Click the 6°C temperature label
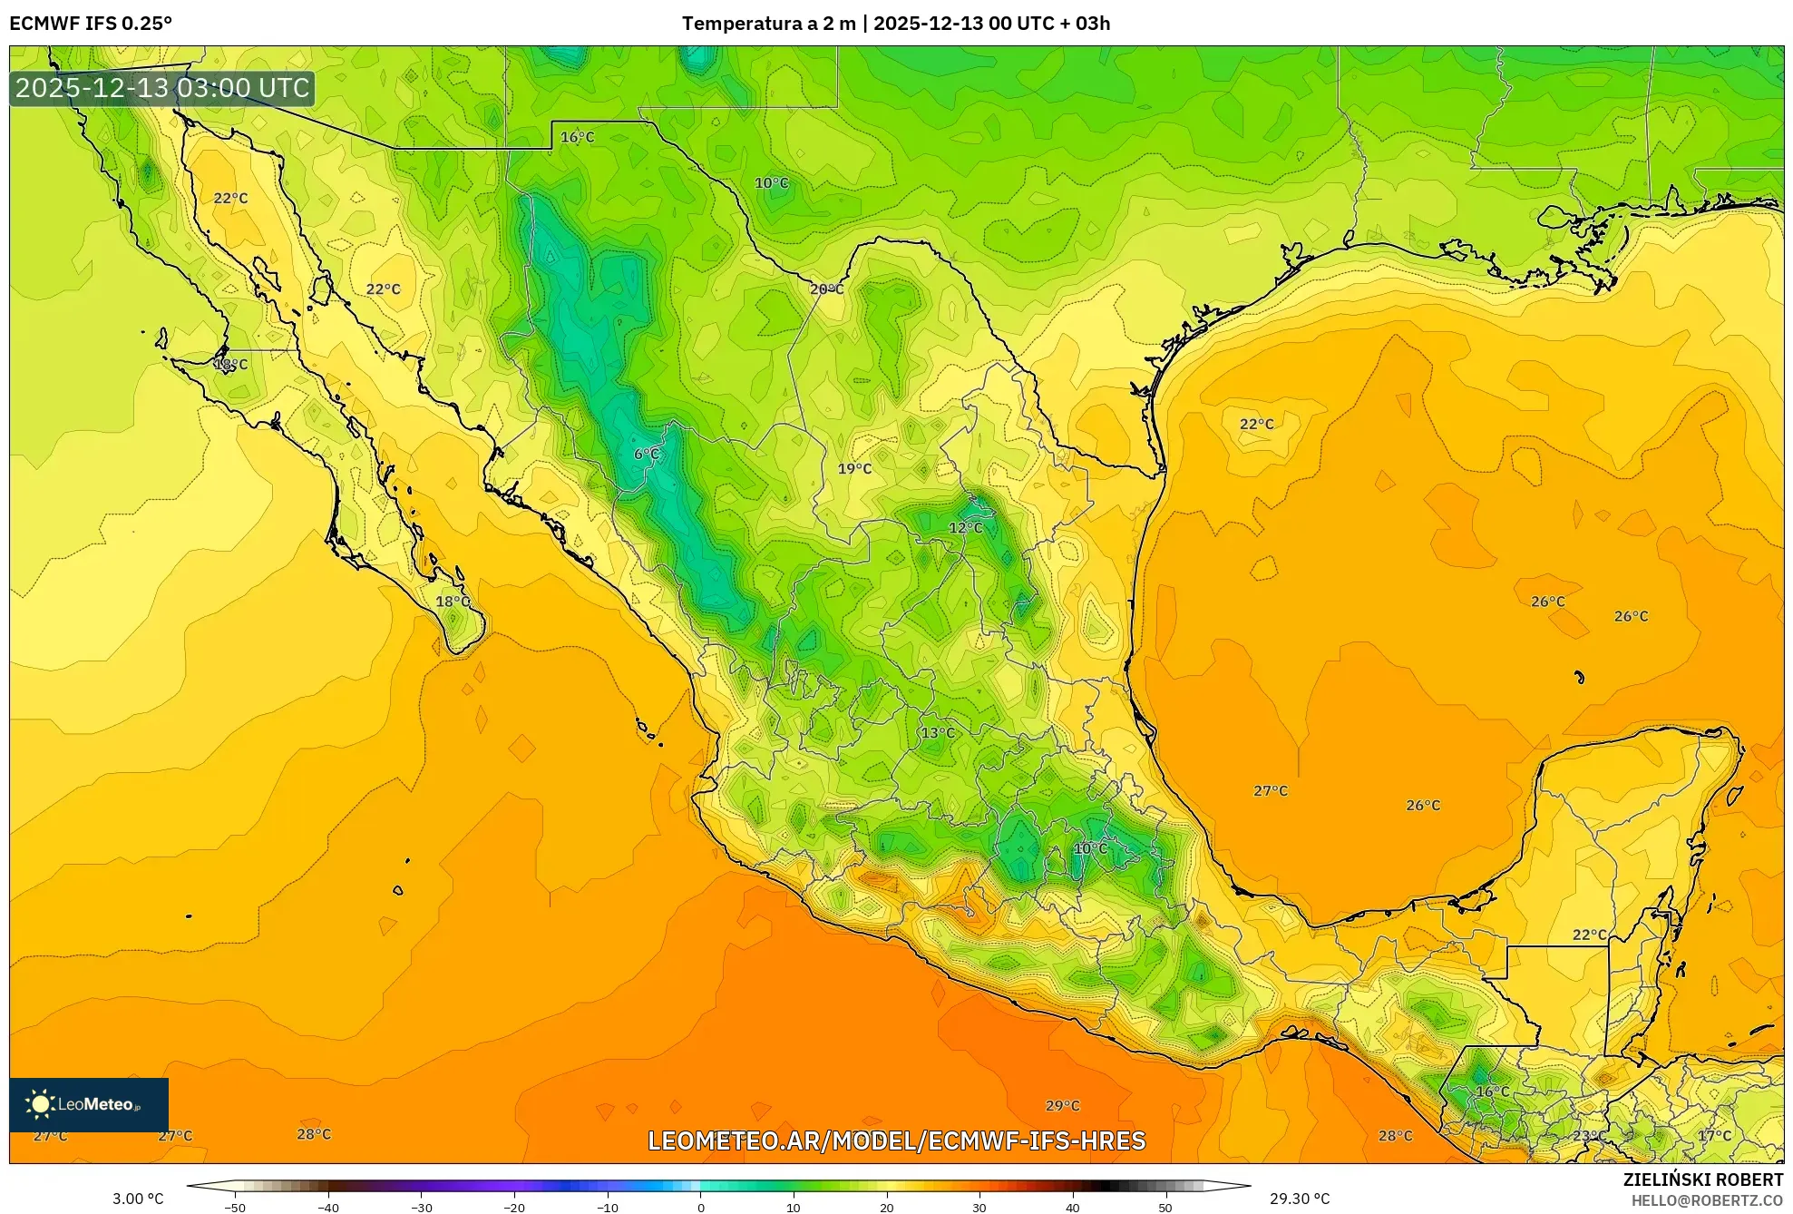[646, 455]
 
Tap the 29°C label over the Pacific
[1062, 1106]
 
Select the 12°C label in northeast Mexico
[965, 528]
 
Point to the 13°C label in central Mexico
[938, 733]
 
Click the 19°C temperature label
[854, 469]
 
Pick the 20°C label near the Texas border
[826, 289]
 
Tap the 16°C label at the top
[577, 138]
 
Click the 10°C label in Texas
[771, 183]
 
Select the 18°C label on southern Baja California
[453, 602]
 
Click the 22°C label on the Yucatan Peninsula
[1589, 935]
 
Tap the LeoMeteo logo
[88, 1104]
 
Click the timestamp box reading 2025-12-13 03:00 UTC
[162, 89]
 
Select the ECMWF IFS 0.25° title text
[91, 24]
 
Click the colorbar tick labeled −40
[328, 1208]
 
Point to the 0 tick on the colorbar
[700, 1208]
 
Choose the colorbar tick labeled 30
[979, 1208]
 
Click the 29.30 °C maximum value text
[1299, 1199]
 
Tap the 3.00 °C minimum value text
[138, 1199]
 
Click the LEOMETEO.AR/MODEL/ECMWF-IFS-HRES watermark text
[896, 1141]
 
